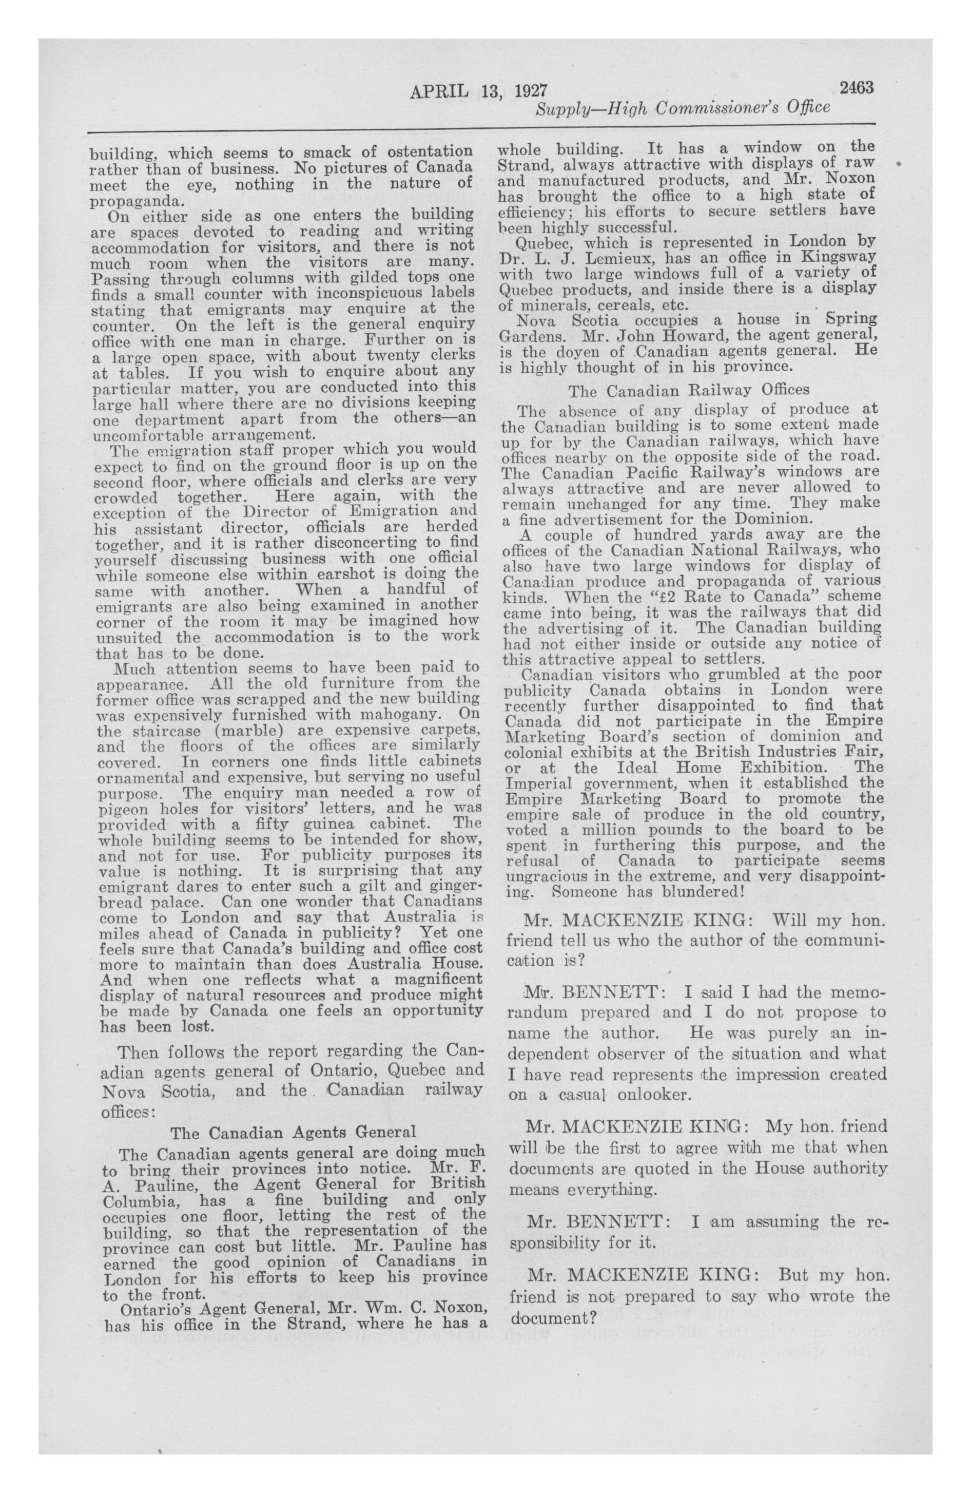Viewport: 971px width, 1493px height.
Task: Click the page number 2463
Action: [x=856, y=88]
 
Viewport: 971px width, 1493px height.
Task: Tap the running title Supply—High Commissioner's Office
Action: [x=683, y=108]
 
